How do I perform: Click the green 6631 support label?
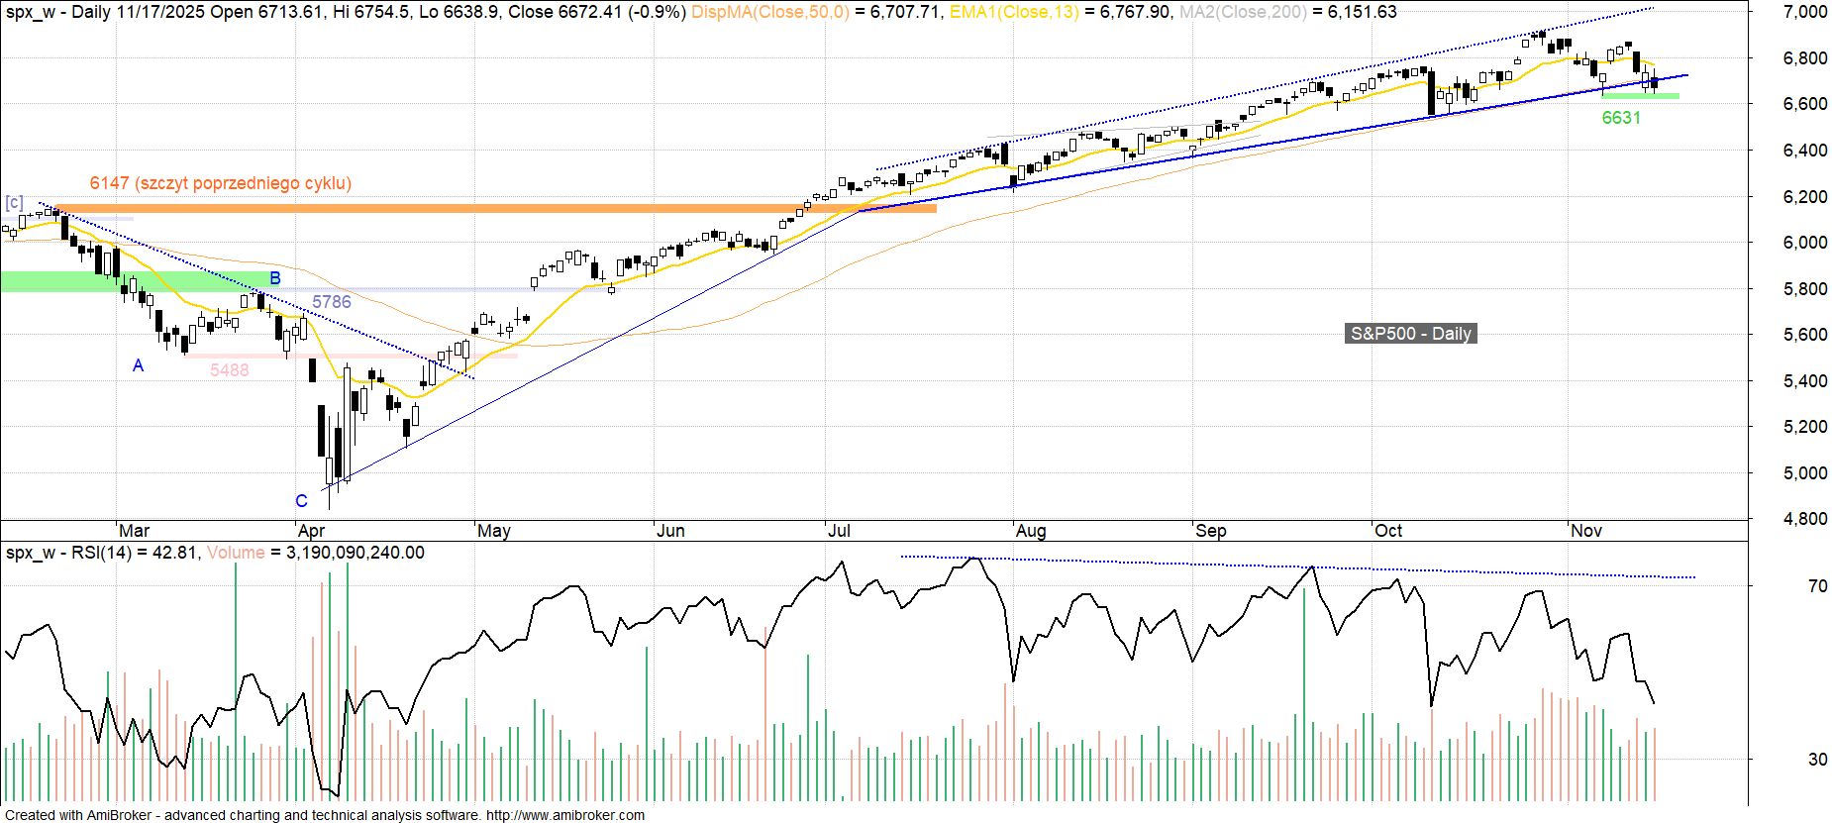pyautogui.click(x=1621, y=118)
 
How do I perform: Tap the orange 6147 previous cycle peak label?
pyautogui.click(x=220, y=183)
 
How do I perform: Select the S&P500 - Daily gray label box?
pyautogui.click(x=1411, y=334)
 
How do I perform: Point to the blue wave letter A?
pyautogui.click(x=139, y=366)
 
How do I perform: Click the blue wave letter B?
pyautogui.click(x=276, y=277)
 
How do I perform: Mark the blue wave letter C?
pyautogui.click(x=302, y=501)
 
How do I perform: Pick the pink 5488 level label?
pyautogui.click(x=229, y=370)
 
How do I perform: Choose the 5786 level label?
pyautogui.click(x=331, y=302)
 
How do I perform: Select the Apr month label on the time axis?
pyautogui.click(x=312, y=531)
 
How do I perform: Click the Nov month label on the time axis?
pyautogui.click(x=1586, y=531)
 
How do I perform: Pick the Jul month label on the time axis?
pyautogui.click(x=838, y=531)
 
